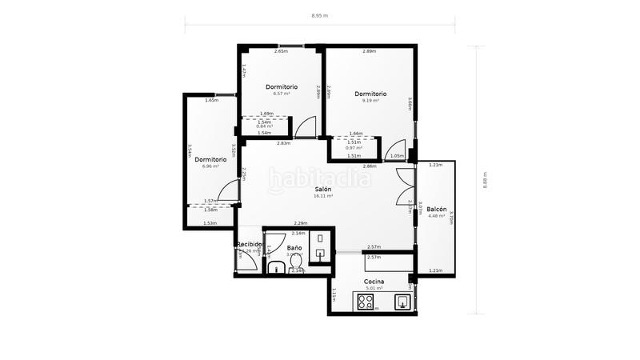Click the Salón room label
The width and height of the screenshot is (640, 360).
click(323, 188)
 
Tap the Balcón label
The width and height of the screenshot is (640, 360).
click(437, 208)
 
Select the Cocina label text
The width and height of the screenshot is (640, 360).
click(374, 282)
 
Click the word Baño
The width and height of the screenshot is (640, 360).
click(294, 248)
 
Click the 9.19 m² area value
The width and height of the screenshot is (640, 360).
click(370, 101)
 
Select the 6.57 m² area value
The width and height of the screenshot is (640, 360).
click(281, 94)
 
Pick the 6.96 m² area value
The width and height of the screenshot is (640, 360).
click(210, 166)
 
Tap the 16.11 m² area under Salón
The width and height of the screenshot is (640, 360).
click(323, 195)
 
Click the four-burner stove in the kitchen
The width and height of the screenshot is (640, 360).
click(366, 302)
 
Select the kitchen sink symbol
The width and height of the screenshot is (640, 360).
click(404, 302)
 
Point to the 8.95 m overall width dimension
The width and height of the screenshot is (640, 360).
click(319, 15)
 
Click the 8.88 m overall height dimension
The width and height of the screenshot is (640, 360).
click(485, 180)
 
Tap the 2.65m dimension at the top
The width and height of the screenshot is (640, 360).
click(281, 52)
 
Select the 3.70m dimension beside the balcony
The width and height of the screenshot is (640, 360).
click(451, 217)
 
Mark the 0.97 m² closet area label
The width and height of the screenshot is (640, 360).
click(354, 148)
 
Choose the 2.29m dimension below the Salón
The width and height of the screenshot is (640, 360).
click(301, 223)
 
